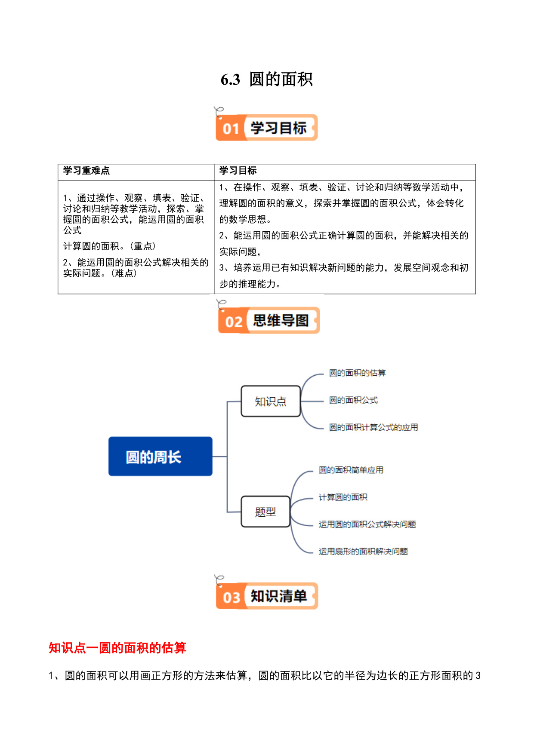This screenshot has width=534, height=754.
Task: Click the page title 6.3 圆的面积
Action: coord(267,80)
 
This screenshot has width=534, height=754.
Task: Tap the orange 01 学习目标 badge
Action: coord(267,127)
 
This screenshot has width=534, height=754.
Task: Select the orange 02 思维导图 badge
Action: coord(269,320)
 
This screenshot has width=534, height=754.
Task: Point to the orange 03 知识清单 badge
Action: coord(267,596)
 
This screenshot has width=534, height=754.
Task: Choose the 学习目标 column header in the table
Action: coord(238,171)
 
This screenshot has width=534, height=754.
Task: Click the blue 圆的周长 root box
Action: coord(161,457)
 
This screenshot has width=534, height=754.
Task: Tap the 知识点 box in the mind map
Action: coord(271,401)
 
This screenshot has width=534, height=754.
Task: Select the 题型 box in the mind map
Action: coord(265,512)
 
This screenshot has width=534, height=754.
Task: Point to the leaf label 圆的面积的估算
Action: coord(357,373)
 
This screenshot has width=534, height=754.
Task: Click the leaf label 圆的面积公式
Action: coord(353,400)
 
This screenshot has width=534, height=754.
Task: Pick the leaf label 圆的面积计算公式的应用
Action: coord(373,427)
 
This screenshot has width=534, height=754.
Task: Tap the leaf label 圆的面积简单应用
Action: coord(351,470)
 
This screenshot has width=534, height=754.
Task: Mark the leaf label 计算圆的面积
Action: coord(343,497)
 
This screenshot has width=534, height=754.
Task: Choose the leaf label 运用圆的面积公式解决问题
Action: coord(367,524)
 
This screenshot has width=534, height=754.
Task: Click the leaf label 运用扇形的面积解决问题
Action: coord(363,552)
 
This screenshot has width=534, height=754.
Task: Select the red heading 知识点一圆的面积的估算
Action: coord(117,648)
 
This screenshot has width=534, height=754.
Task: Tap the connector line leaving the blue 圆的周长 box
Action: coord(220,457)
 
